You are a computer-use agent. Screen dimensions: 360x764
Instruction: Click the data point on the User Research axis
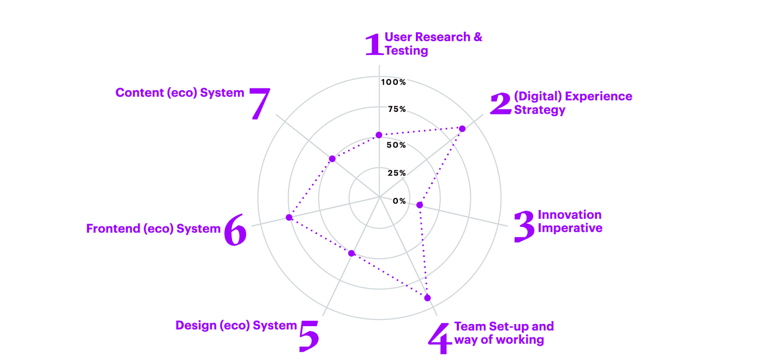[379, 135]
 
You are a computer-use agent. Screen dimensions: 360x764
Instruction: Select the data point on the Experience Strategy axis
[462, 129]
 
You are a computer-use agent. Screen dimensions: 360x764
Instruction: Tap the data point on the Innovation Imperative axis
[420, 205]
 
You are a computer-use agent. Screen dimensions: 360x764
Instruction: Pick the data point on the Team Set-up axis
[427, 298]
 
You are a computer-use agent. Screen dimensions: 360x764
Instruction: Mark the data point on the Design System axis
[352, 253]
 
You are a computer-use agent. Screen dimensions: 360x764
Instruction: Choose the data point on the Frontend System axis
[289, 218]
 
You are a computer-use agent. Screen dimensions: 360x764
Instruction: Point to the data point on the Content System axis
[332, 159]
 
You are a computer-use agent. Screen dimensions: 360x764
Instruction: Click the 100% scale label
[393, 82]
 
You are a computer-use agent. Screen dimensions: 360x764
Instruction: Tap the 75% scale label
[397, 109]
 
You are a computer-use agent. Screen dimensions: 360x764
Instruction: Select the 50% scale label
[397, 145]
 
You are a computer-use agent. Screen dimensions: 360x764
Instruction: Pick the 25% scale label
[397, 173]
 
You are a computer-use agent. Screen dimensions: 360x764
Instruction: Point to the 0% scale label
[399, 201]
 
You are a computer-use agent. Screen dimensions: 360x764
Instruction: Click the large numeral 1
[373, 45]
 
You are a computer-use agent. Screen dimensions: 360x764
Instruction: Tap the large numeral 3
[524, 226]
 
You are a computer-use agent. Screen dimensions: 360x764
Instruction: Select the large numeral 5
[309, 335]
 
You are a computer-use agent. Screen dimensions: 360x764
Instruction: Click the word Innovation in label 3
[570, 215]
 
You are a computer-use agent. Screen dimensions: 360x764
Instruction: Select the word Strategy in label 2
[540, 110]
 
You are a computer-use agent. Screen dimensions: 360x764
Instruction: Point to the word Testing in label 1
[407, 51]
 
